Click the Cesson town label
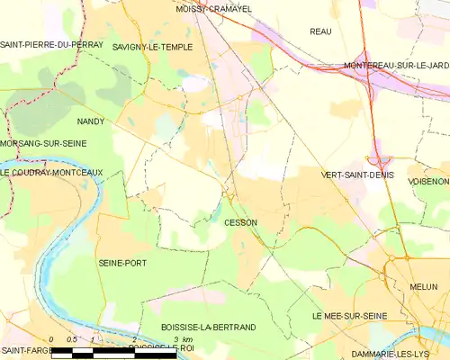pos(240,222)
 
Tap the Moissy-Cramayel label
pos(214,8)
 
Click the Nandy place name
pos(91,121)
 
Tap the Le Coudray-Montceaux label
pos(52,173)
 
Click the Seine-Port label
pos(122,263)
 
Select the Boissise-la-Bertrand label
pos(195,327)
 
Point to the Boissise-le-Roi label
pos(160,347)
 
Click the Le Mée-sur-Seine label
pos(349,317)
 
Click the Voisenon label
pos(427,181)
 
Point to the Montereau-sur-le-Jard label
pos(396,66)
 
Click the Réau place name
pos(320,31)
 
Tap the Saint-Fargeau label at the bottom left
pos(24,349)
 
